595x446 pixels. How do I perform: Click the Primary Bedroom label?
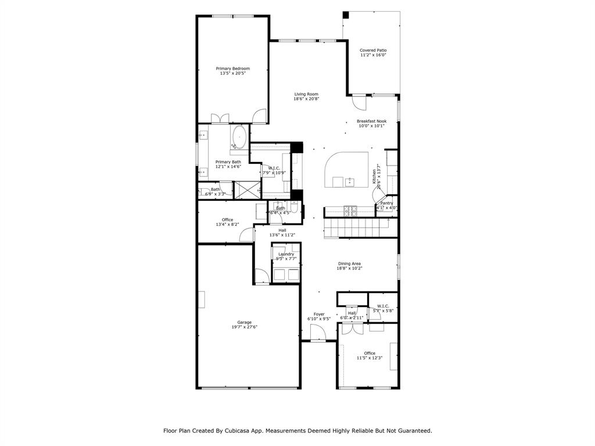coord(232,69)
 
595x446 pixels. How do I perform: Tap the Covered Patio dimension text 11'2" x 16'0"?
coord(373,56)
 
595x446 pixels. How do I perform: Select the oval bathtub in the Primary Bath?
coord(239,138)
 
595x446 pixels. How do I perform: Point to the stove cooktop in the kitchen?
coord(350,211)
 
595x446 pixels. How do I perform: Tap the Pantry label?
coord(386,203)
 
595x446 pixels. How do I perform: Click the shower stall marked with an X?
coord(247,190)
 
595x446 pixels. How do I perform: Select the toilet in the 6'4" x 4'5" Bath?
coord(294,207)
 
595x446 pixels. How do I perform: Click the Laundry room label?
coord(286,254)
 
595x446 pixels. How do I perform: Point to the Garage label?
coord(244,322)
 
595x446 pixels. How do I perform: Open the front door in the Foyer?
coord(318,333)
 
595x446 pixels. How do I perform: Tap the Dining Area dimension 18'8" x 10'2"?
coord(349,268)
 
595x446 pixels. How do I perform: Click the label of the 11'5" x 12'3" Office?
coord(370,353)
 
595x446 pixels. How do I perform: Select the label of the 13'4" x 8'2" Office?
coord(227,220)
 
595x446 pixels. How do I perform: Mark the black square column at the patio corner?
coord(345,15)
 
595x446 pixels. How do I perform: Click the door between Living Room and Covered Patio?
coord(360,103)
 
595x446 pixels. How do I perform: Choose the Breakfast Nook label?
coord(371,121)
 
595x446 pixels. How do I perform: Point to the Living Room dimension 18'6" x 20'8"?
coord(306,99)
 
